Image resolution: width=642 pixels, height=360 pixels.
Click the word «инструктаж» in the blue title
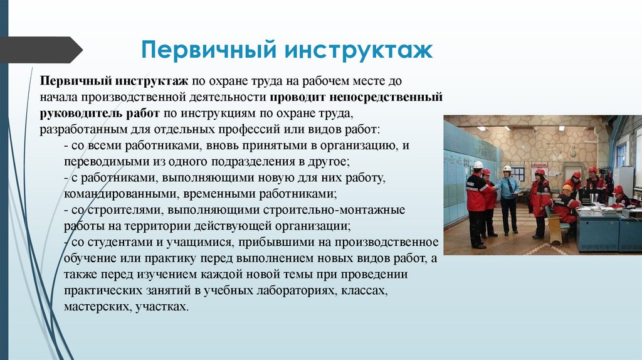tap(359, 50)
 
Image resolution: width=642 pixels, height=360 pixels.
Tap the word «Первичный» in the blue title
tap(209, 50)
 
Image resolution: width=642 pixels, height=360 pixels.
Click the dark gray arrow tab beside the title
tap(41, 50)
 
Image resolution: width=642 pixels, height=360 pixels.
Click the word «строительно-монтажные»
tap(334, 209)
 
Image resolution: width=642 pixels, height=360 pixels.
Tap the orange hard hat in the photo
tap(567, 188)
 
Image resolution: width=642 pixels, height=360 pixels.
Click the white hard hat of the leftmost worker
tap(478, 164)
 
